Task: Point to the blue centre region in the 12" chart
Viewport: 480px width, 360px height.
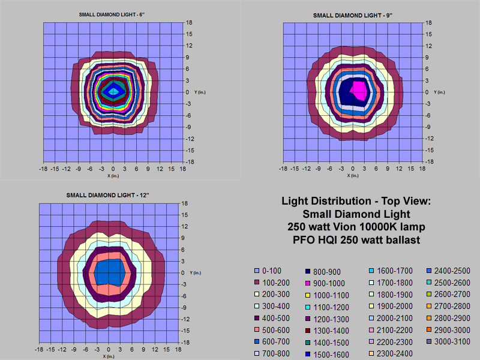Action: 109,271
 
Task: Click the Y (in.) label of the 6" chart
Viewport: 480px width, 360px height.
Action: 200,91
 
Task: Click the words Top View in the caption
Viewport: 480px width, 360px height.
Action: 390,201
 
